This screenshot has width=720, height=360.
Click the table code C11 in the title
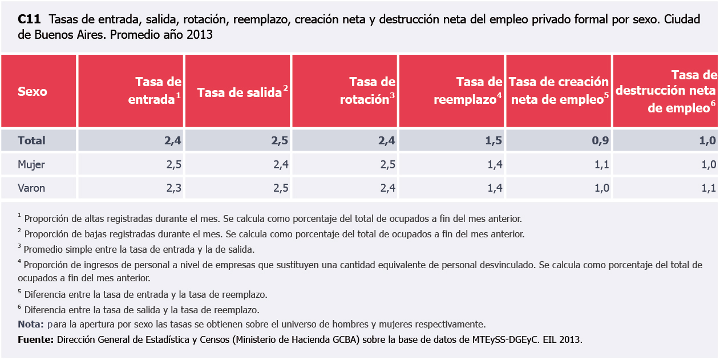pyautogui.click(x=29, y=19)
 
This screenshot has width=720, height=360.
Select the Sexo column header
pyautogui.click(x=33, y=91)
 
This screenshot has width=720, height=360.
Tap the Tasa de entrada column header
pyautogui.click(x=155, y=91)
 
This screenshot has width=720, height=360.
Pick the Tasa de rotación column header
pyautogui.click(x=367, y=91)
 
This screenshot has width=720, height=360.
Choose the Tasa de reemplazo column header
pyautogui.click(x=468, y=91)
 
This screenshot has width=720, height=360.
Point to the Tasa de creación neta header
pyautogui.click(x=559, y=91)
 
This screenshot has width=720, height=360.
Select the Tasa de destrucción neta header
pyautogui.click(x=668, y=91)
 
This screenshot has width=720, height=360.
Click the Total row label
pyautogui.click(x=31, y=140)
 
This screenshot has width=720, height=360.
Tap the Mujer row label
pyautogui.click(x=31, y=164)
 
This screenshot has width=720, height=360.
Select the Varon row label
pyautogui.click(x=32, y=188)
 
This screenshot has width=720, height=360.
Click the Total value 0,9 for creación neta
pyautogui.click(x=601, y=140)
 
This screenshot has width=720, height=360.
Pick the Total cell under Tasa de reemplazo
pyautogui.click(x=494, y=140)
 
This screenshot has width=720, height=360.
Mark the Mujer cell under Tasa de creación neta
pyautogui.click(x=601, y=164)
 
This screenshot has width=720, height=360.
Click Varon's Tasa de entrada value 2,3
pyautogui.click(x=173, y=188)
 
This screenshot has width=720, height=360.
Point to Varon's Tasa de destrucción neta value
pyautogui.click(x=708, y=188)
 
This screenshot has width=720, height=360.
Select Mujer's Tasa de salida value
pyautogui.click(x=281, y=164)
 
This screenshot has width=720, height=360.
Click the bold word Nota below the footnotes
pyautogui.click(x=31, y=325)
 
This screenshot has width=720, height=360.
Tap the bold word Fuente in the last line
pyautogui.click(x=35, y=339)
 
